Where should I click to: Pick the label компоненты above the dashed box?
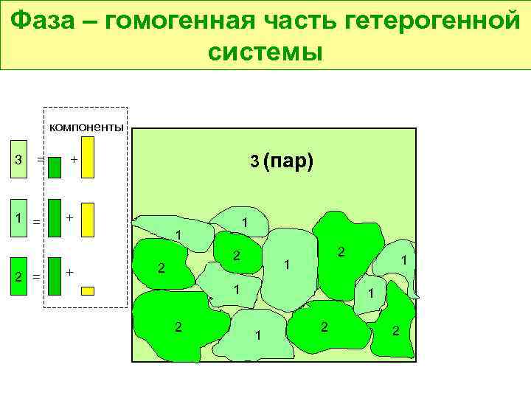click(x=86, y=127)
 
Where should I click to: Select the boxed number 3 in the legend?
click(x=18, y=159)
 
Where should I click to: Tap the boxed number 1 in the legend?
click(x=18, y=218)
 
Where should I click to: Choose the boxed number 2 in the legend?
click(x=18, y=276)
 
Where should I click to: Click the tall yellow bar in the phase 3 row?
click(x=88, y=159)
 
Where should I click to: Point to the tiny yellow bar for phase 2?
click(x=88, y=290)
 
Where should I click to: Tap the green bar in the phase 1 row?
click(x=54, y=218)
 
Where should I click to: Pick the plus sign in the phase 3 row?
click(x=74, y=159)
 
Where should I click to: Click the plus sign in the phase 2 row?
click(x=69, y=273)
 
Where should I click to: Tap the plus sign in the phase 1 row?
click(x=69, y=218)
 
